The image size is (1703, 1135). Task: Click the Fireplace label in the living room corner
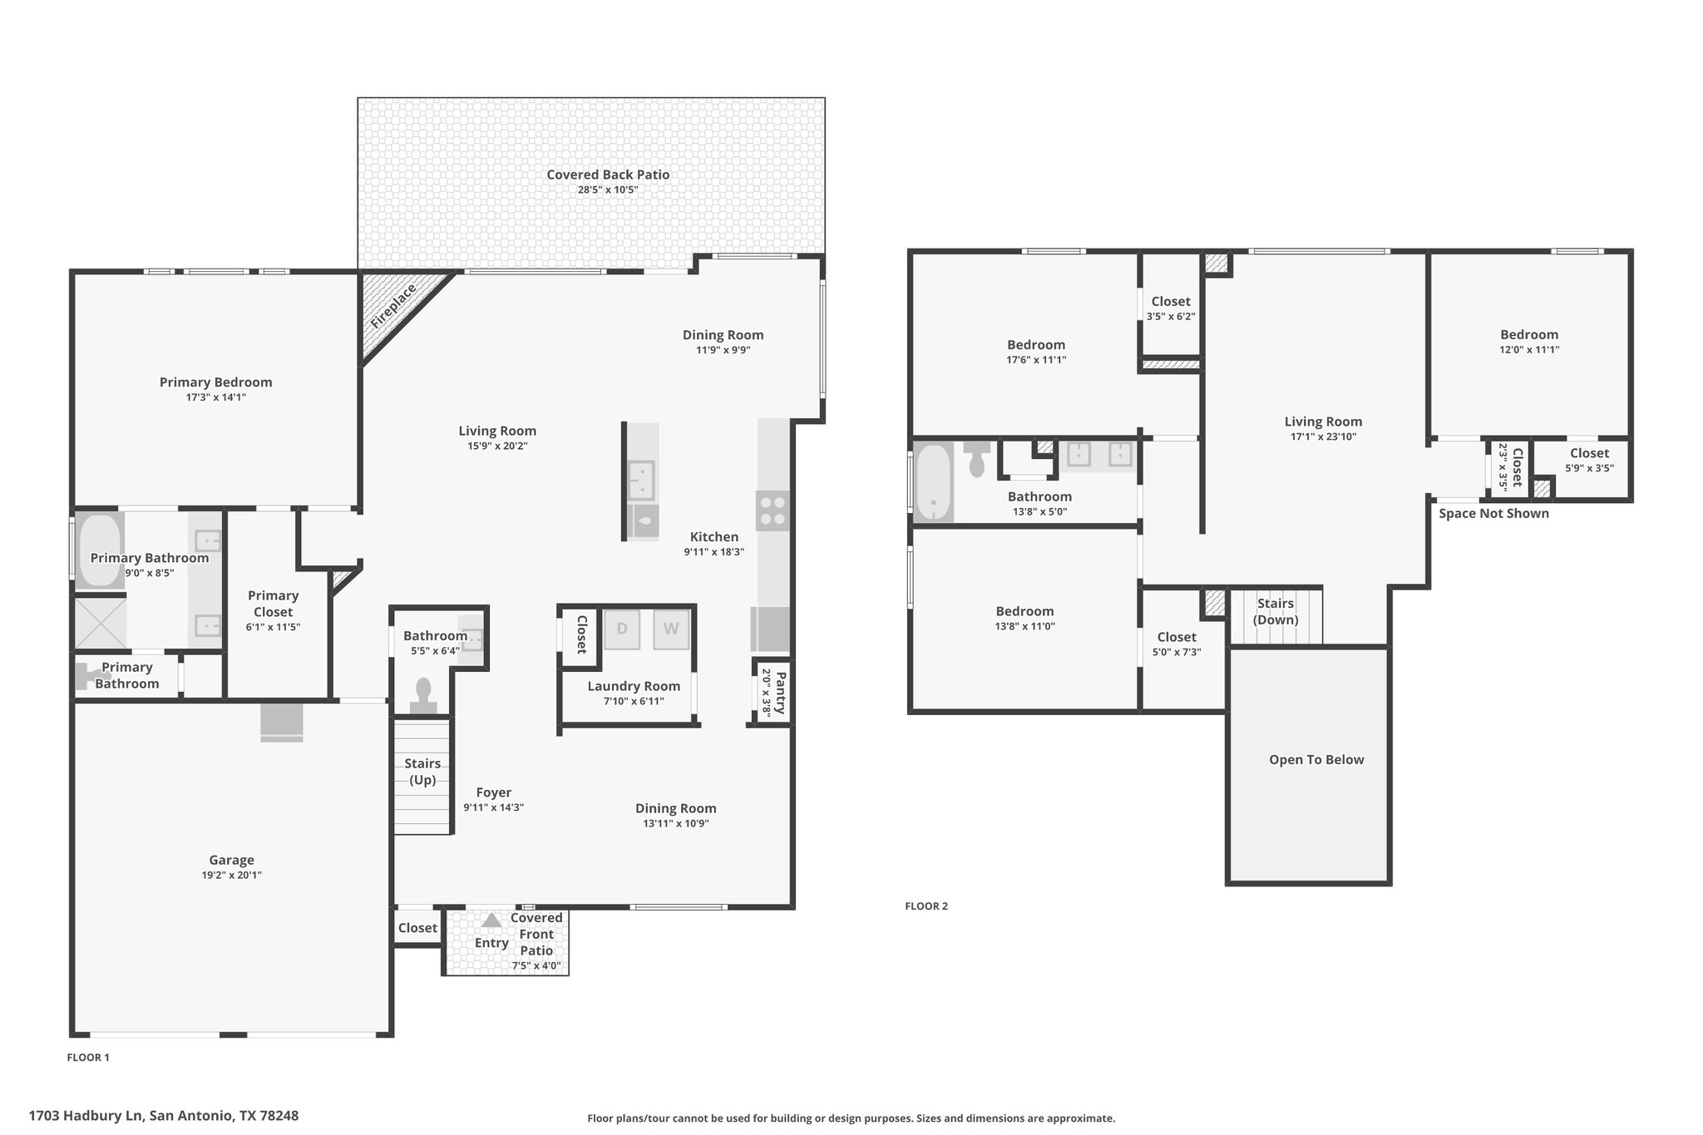click(393, 306)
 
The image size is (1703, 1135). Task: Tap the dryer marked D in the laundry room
click(621, 629)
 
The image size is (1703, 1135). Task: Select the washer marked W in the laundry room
click(671, 629)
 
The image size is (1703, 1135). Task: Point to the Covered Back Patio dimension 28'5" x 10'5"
click(608, 190)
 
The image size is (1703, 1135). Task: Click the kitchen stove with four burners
click(773, 511)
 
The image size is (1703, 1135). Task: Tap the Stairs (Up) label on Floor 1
click(422, 772)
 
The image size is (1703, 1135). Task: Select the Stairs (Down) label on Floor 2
click(1276, 611)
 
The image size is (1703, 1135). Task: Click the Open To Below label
click(1316, 759)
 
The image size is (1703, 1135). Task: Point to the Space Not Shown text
click(1493, 513)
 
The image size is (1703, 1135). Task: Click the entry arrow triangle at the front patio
click(491, 920)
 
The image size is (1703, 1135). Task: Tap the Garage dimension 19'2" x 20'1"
click(231, 875)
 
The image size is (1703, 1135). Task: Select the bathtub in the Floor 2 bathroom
click(933, 482)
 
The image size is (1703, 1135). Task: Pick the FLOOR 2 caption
click(926, 906)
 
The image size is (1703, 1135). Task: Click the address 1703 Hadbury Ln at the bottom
click(86, 1115)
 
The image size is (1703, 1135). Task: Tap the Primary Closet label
click(273, 604)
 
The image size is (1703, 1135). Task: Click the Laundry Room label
click(634, 686)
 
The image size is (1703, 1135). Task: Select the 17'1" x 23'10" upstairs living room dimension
click(1323, 437)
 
